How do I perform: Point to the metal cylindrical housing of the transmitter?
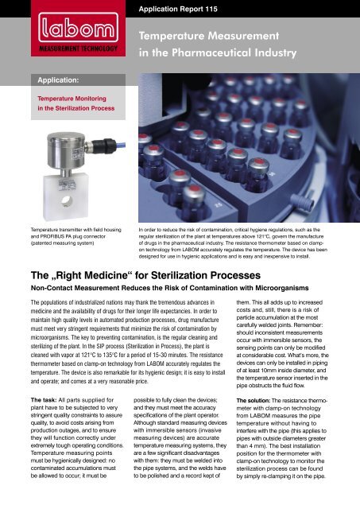[62, 152]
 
